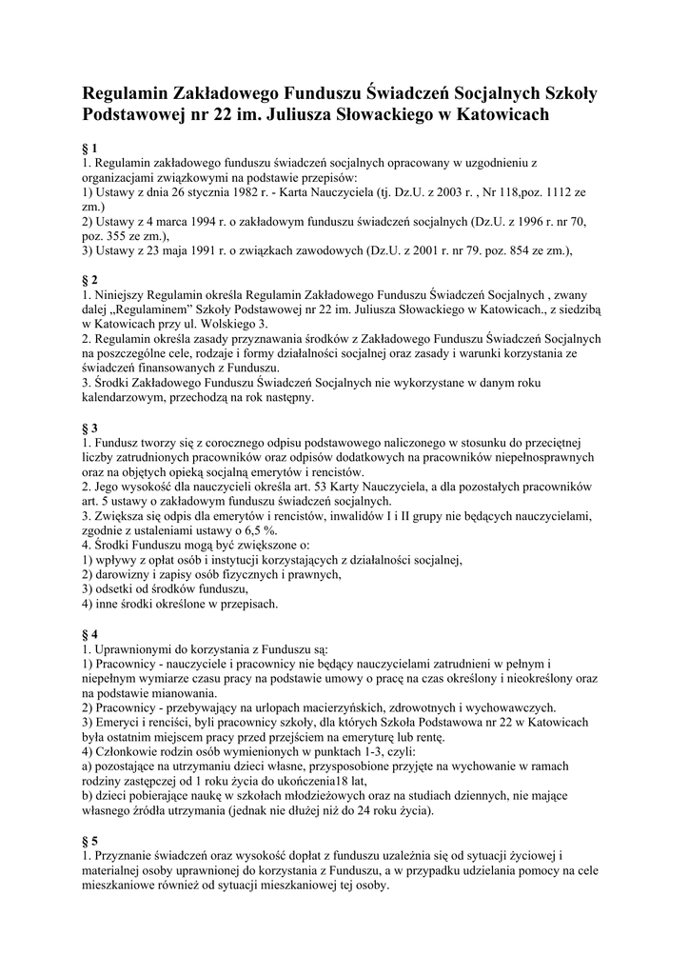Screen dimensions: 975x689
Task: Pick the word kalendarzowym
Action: [x=125, y=398]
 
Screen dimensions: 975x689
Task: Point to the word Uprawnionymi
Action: [x=136, y=648]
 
